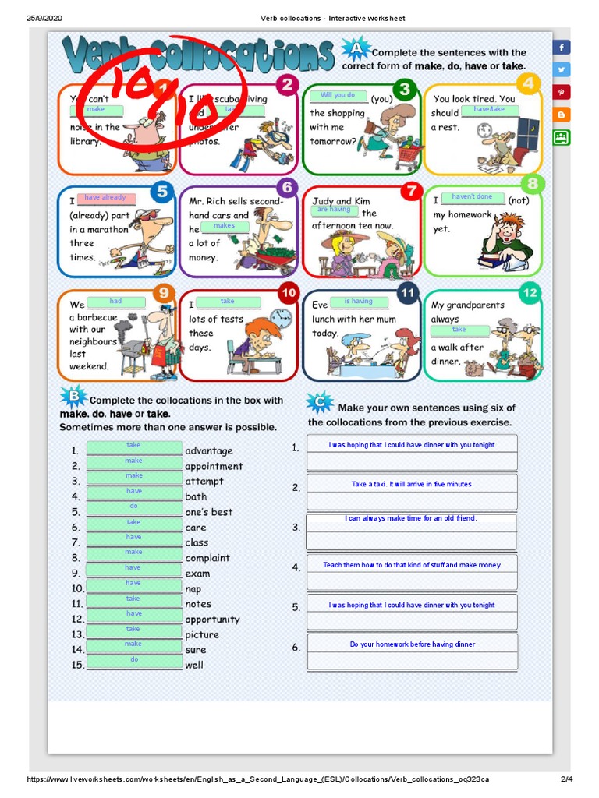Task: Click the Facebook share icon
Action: (x=562, y=48)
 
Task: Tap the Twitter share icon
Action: (x=562, y=69)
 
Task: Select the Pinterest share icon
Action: (x=562, y=92)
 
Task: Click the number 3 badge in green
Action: (x=403, y=86)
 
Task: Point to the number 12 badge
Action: (x=530, y=293)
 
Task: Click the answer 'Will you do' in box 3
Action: (x=338, y=95)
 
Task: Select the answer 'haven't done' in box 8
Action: (x=473, y=197)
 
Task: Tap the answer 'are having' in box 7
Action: (x=334, y=210)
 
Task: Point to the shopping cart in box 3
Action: (x=408, y=157)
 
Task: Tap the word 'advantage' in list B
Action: (x=209, y=451)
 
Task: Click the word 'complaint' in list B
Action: (x=207, y=558)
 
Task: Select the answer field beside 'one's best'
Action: (x=134, y=507)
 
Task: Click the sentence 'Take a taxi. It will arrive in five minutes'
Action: (x=411, y=484)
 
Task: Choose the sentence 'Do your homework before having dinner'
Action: (x=412, y=644)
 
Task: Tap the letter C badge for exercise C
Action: (x=320, y=402)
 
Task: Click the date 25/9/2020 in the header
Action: (x=44, y=19)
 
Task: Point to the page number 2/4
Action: (x=566, y=779)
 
